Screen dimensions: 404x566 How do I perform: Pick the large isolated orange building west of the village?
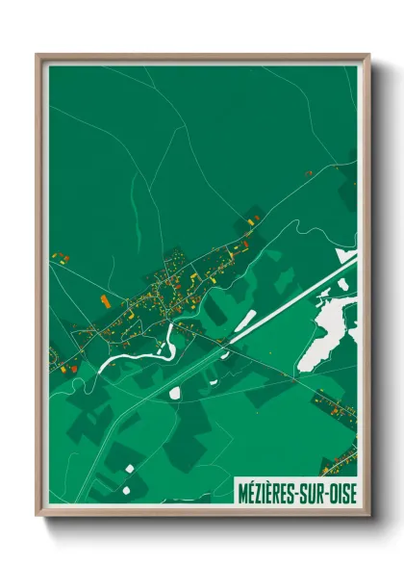(x=104, y=301)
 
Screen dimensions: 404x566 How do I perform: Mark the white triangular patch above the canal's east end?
(x=344, y=258)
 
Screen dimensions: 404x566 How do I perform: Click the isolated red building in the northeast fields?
(x=309, y=173)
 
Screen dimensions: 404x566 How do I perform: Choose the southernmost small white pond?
(x=126, y=467)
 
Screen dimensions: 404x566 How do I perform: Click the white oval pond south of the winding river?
(x=176, y=391)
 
